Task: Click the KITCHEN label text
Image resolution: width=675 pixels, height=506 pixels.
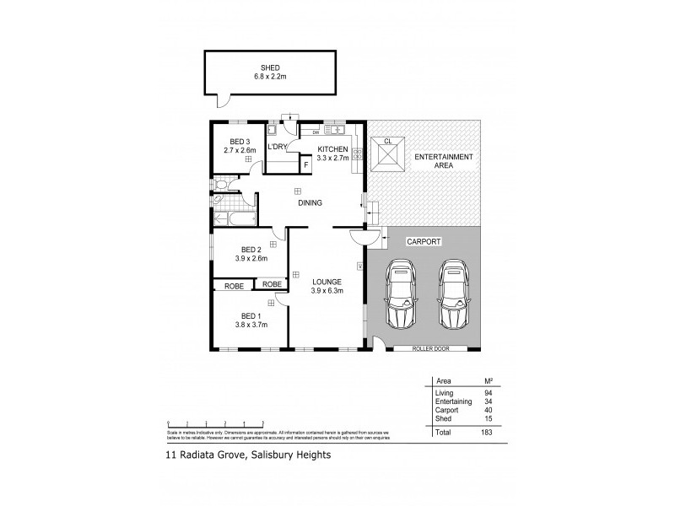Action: pyautogui.click(x=332, y=149)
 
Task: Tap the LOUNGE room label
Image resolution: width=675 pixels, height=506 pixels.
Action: pyautogui.click(x=326, y=283)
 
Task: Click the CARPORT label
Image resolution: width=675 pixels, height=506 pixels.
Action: pyautogui.click(x=424, y=240)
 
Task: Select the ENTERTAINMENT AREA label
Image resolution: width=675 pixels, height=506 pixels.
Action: pyautogui.click(x=443, y=162)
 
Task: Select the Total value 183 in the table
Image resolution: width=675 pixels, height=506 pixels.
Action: pyautogui.click(x=486, y=431)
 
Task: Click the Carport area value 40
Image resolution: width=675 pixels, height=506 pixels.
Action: pyautogui.click(x=486, y=411)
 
